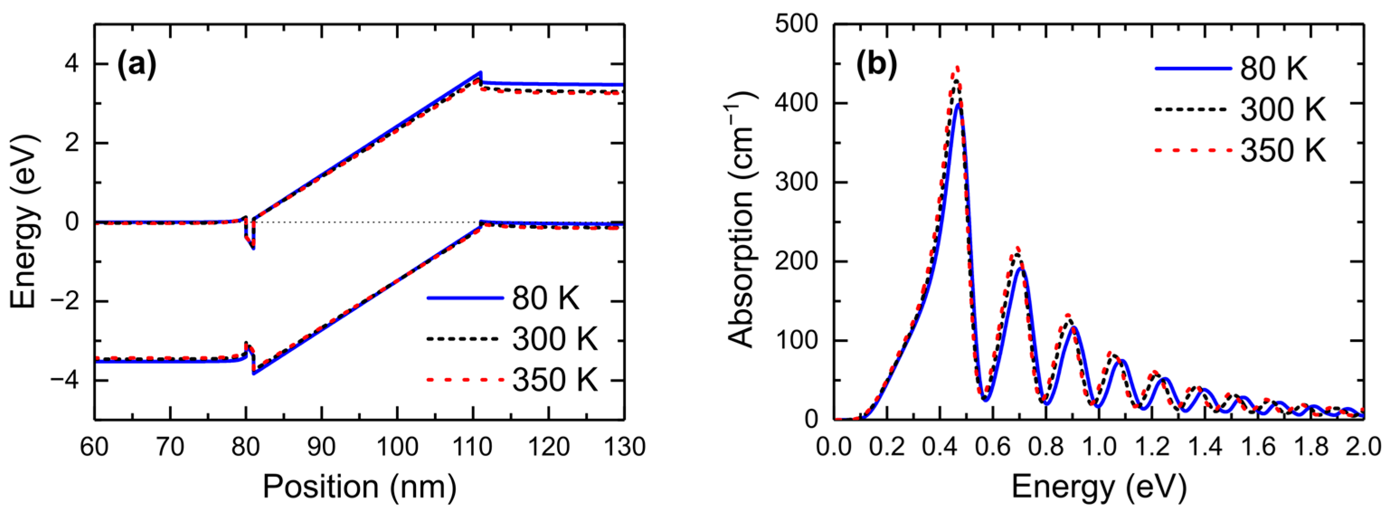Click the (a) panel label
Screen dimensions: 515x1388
click(x=137, y=66)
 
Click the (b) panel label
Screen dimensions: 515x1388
click(x=877, y=66)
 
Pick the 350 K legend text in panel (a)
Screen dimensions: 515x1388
click(x=555, y=380)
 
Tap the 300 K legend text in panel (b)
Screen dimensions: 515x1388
click(x=1282, y=109)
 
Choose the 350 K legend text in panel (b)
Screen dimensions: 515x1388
click(x=1282, y=150)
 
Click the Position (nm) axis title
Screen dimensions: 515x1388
click(x=359, y=487)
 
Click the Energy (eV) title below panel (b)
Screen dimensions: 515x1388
click(x=1099, y=487)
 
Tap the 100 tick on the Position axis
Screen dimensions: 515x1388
click(x=397, y=447)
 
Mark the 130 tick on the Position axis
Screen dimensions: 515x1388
click(x=624, y=447)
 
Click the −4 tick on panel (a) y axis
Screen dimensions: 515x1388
click(x=65, y=380)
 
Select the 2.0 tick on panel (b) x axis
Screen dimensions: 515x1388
click(x=1362, y=447)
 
